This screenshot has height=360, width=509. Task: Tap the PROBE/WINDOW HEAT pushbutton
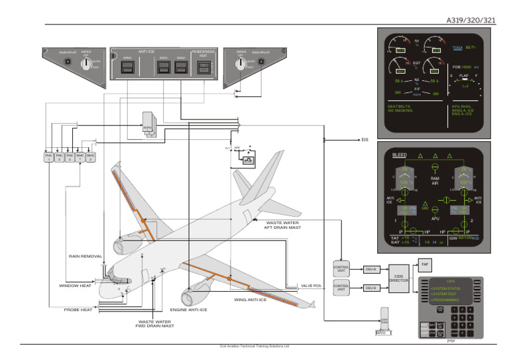tap(204, 68)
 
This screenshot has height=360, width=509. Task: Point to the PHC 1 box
tap(48, 157)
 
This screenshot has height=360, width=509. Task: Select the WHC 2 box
tap(91, 157)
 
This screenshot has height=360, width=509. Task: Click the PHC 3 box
tap(70, 157)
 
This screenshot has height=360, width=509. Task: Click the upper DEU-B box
tap(370, 269)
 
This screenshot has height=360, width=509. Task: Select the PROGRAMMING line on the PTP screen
tap(445, 300)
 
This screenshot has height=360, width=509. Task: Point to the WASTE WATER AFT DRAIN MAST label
tap(282, 225)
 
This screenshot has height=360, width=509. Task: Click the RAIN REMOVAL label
tap(85, 256)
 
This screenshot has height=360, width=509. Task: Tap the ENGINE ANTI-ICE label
tap(188, 310)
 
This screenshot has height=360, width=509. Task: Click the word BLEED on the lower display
tap(399, 155)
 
